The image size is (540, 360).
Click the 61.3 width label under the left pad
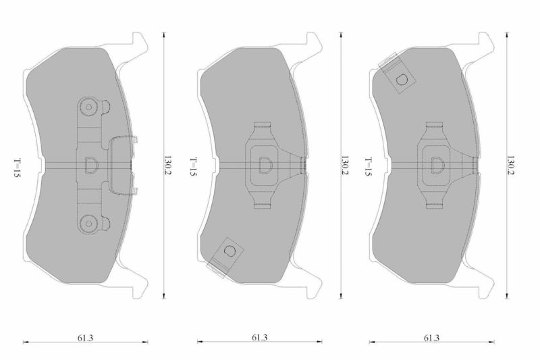coord(85,338)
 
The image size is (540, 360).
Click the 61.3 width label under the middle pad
coord(259,338)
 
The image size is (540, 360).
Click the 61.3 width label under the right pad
coord(431,338)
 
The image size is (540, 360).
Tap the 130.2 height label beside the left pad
coord(167,165)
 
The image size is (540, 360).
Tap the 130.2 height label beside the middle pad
coord(344,165)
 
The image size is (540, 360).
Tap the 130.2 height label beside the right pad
coord(510,165)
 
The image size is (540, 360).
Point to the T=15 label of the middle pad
coord(193,167)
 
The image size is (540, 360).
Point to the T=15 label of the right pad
coord(369,167)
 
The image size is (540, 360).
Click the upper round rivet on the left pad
coord(88,107)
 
